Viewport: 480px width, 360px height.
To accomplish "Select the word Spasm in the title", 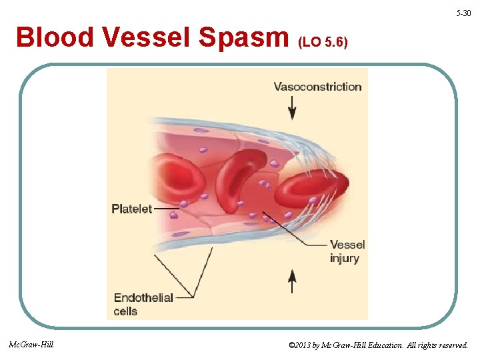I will pos(247,38).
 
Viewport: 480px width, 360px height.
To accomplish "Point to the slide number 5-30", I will pos(463,13).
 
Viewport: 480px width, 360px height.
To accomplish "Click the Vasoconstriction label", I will pos(317,87).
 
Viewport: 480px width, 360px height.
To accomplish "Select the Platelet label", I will pos(131,209).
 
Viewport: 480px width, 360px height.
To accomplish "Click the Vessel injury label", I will pos(347,251).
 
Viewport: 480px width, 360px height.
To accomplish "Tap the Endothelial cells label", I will pos(143,304).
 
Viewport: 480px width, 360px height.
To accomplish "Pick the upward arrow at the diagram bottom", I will pos(291,281).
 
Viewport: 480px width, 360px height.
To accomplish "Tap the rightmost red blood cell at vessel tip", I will pos(310,187).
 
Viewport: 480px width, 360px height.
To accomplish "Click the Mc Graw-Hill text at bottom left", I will pos(31,345).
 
